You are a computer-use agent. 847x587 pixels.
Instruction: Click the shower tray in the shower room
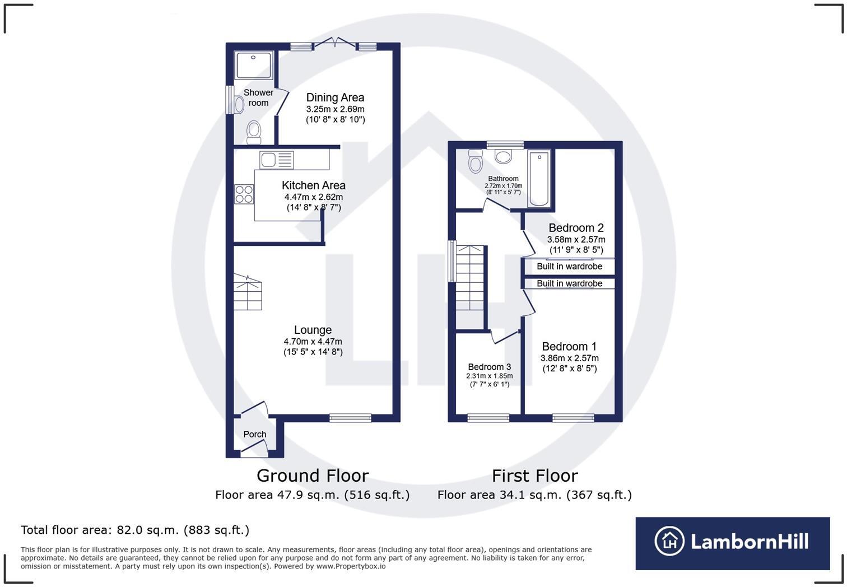(254, 65)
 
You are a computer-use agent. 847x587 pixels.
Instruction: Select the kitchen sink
(277, 160)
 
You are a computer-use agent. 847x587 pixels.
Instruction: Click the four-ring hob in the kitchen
(244, 194)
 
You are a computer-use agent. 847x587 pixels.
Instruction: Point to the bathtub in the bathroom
(539, 178)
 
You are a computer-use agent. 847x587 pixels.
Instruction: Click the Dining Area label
(335, 97)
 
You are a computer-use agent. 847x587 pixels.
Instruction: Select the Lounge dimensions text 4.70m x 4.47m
(313, 342)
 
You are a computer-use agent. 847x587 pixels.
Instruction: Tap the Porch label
(254, 434)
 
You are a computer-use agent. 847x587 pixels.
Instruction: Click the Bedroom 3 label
(489, 367)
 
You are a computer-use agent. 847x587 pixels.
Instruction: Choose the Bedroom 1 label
(569, 346)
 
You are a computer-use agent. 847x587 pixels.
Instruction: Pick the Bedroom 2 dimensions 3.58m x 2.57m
(576, 240)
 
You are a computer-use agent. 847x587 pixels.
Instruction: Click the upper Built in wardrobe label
(569, 267)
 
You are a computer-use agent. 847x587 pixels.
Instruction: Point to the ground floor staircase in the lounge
(248, 292)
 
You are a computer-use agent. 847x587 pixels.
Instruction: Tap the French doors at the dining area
(334, 43)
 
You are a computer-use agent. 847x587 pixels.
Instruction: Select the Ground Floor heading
(312, 476)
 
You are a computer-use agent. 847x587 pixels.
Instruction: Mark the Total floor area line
(134, 530)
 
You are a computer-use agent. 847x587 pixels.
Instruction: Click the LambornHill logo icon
(669, 541)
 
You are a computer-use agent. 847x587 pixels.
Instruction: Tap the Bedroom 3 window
(488, 418)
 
